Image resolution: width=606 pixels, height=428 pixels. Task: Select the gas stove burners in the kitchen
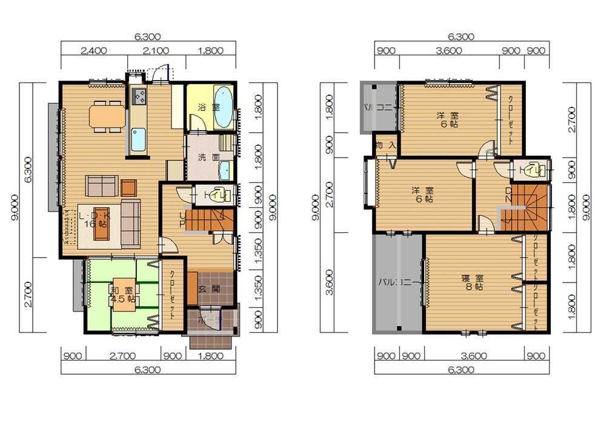tap(139, 96)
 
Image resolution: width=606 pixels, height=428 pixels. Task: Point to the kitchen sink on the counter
tap(139, 139)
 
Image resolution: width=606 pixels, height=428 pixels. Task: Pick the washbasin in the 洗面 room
tap(224, 169)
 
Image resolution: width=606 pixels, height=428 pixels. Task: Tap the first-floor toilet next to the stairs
tap(220, 195)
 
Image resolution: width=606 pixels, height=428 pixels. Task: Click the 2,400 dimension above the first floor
tap(94, 50)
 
